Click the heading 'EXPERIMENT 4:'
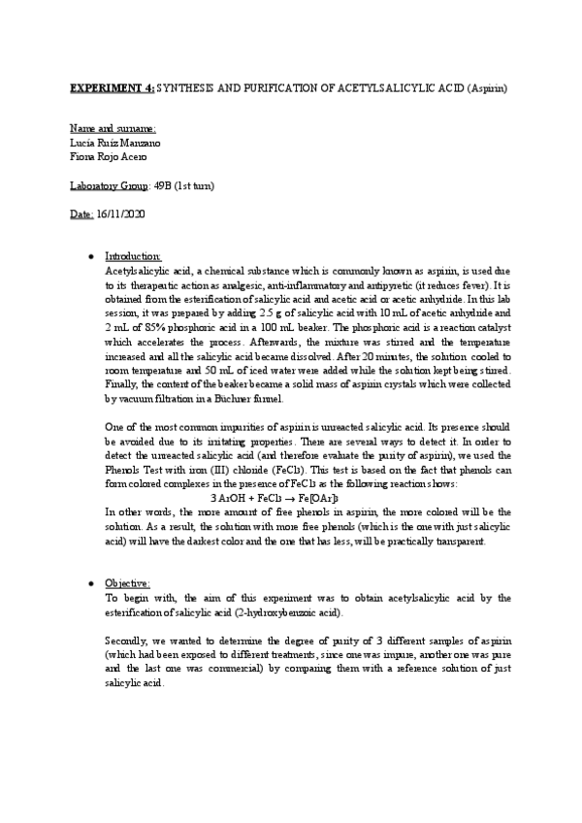pos(112,89)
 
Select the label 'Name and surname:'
pos(113,129)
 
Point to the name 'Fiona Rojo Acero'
pos(111,157)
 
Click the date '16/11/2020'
pos(121,214)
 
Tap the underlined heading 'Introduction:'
pos(133,256)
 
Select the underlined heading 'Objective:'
pos(127,583)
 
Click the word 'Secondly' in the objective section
pos(125,641)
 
